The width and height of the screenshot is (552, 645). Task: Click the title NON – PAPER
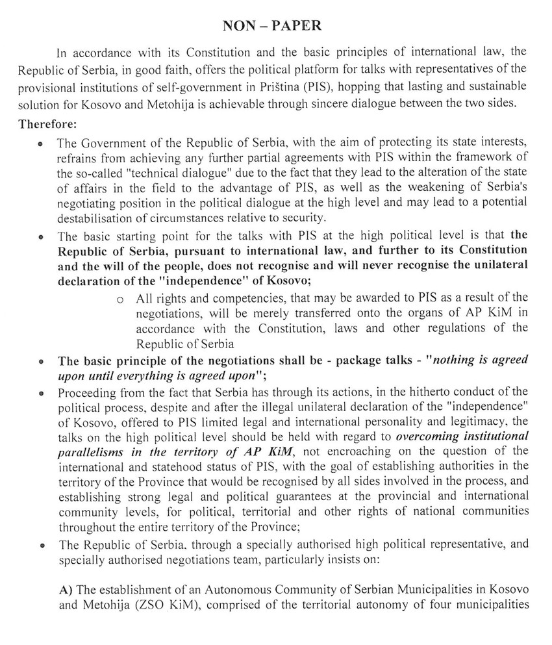pyautogui.click(x=275, y=27)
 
